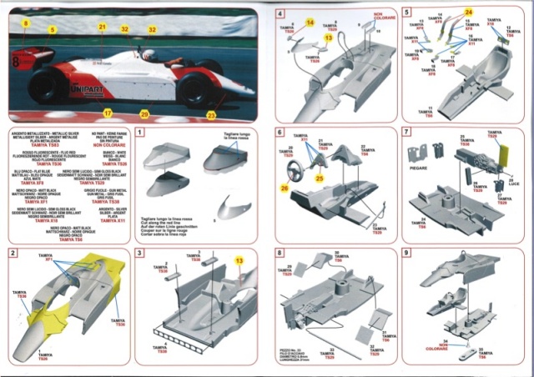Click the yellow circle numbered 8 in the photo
pyautogui.click(x=25, y=24)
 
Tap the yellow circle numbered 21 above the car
pyautogui.click(x=102, y=28)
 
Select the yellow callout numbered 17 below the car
pyautogui.click(x=107, y=111)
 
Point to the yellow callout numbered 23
pyautogui.click(x=211, y=115)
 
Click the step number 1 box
pyautogui.click(x=140, y=133)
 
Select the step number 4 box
pyautogui.click(x=280, y=14)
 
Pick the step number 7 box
pyautogui.click(x=406, y=133)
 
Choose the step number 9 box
pyautogui.click(x=406, y=253)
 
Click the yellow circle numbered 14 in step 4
pyautogui.click(x=310, y=23)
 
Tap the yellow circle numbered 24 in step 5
pyautogui.click(x=468, y=12)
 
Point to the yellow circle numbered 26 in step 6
pyautogui.click(x=285, y=188)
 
